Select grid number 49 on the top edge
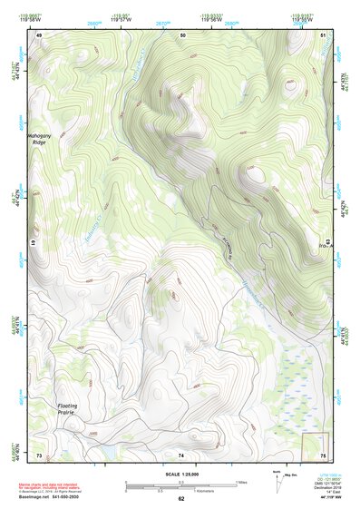pyautogui.click(x=39, y=34)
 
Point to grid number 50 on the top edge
pyautogui.click(x=183, y=34)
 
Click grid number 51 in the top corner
pyautogui.click(x=325, y=34)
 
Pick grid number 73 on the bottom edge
pyautogui.click(x=39, y=454)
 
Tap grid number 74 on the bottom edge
pyautogui.click(x=181, y=454)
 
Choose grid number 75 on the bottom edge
pyautogui.click(x=324, y=454)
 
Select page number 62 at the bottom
pyautogui.click(x=180, y=499)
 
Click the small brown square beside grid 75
pyautogui.click(x=314, y=445)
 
